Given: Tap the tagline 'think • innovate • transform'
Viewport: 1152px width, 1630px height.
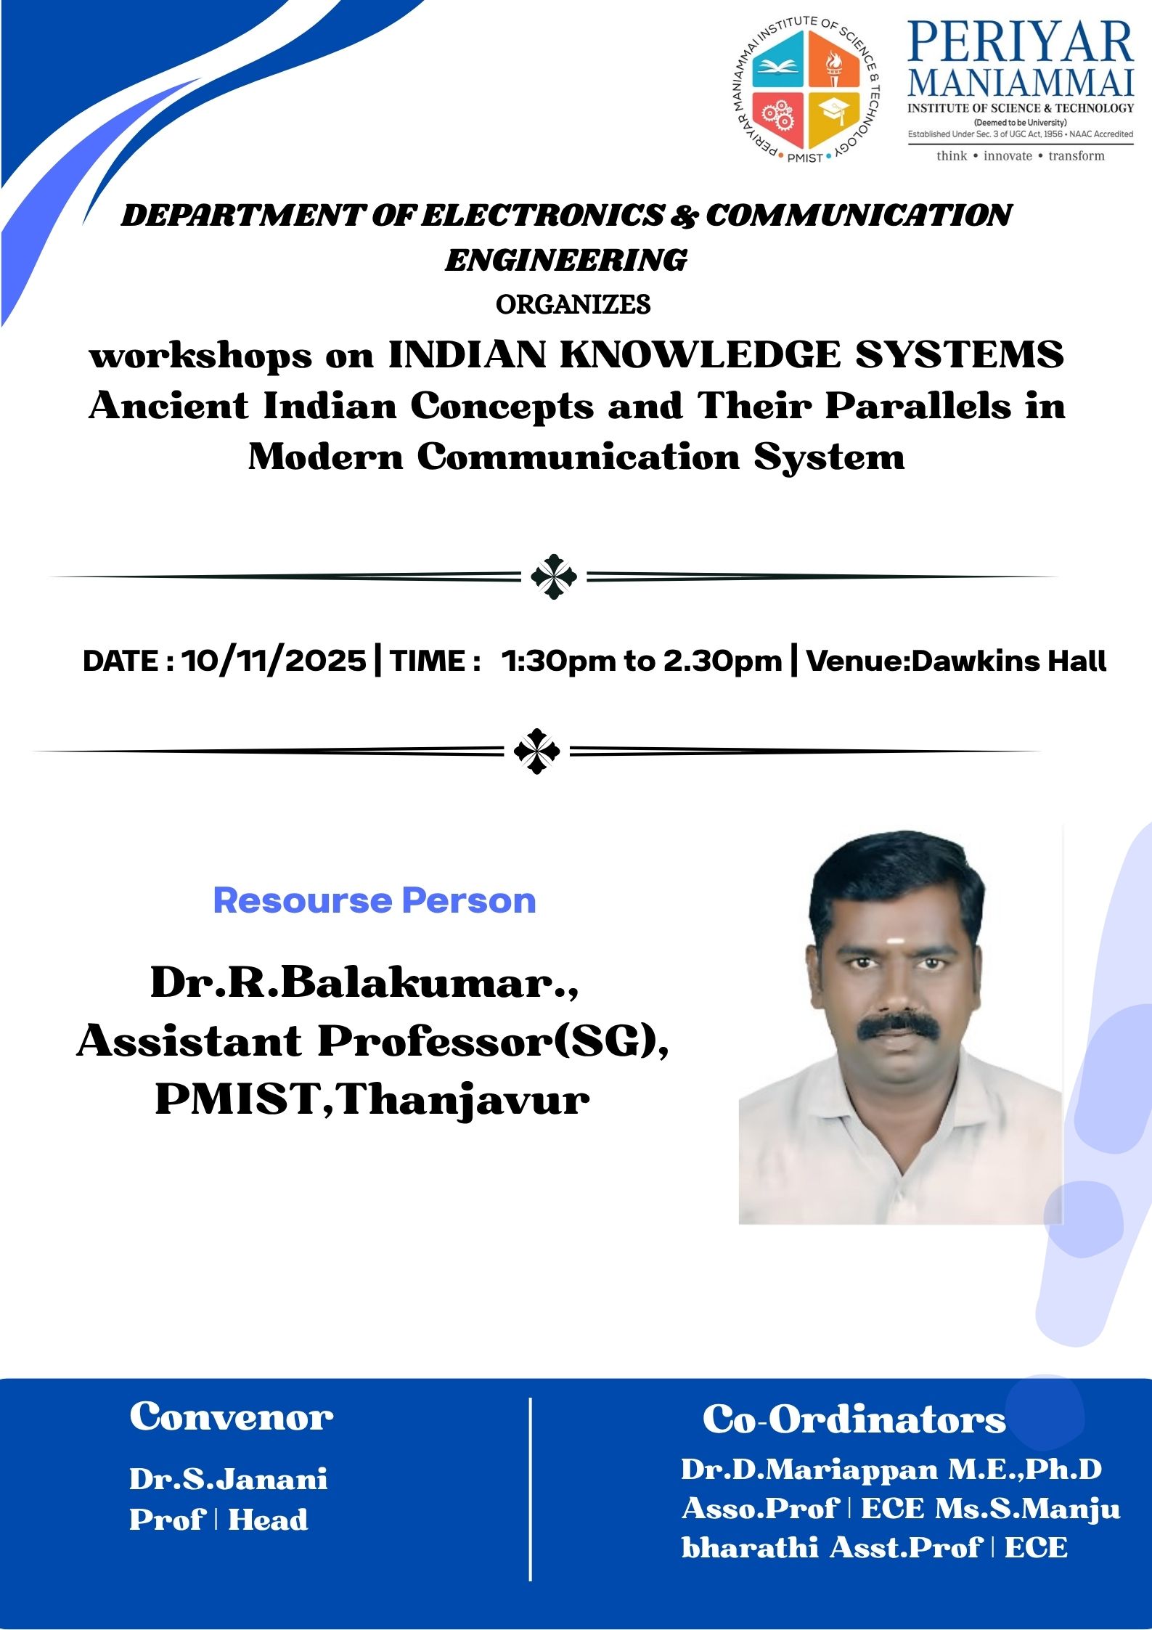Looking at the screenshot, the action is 1020,155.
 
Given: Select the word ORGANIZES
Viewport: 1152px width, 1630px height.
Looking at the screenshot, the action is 573,304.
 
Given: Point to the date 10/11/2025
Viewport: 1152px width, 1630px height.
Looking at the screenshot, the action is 274,661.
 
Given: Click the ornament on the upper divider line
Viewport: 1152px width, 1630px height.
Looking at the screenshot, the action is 554,576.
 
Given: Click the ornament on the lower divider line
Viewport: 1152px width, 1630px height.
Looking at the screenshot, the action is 536,751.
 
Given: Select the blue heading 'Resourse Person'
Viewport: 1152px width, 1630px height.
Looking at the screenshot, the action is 375,900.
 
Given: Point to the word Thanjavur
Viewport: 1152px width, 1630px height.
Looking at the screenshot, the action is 462,1101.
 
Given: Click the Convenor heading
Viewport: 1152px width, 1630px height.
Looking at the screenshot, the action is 232,1417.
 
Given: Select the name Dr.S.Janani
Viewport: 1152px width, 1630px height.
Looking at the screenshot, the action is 229,1479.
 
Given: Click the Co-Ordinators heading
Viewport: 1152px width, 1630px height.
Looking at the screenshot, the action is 854,1419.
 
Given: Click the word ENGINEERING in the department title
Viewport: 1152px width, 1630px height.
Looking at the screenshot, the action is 566,260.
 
